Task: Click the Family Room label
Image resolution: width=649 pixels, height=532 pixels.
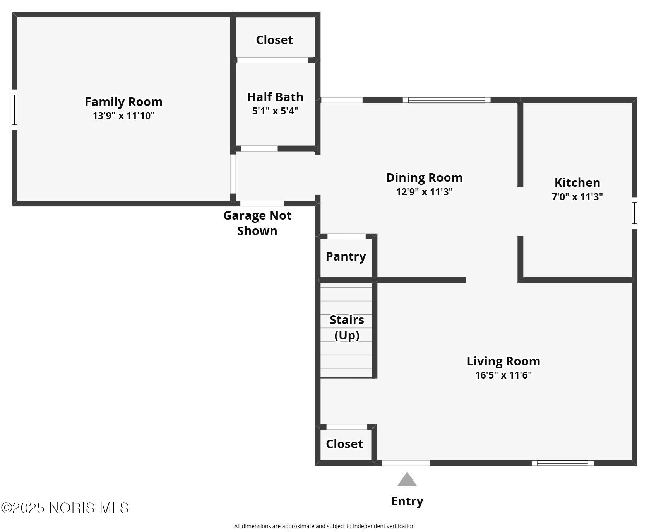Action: click(x=123, y=102)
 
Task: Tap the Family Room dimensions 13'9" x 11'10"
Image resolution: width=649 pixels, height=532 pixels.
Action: click(x=123, y=116)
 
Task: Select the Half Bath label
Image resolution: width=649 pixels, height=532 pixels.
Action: click(x=275, y=97)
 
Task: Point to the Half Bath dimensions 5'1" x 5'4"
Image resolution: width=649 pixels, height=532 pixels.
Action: click(x=275, y=111)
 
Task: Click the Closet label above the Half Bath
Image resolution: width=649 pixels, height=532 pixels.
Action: click(x=274, y=40)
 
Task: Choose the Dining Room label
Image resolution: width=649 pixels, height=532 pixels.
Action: click(x=424, y=177)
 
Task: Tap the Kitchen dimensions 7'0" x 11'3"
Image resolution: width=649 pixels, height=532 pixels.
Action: click(x=577, y=197)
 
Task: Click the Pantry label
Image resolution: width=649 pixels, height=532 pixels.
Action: click(x=346, y=256)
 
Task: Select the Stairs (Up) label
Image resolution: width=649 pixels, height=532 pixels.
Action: click(x=347, y=327)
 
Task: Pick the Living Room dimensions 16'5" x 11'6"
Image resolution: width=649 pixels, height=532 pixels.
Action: click(x=503, y=375)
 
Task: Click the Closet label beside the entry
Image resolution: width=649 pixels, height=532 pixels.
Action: click(x=344, y=444)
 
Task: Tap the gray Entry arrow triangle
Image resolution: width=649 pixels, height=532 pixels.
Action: click(x=407, y=481)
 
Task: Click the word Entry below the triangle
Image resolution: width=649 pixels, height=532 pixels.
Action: click(x=407, y=501)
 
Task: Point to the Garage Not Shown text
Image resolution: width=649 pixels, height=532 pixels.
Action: click(x=257, y=223)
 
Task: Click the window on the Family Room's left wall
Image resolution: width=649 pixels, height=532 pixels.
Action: click(x=14, y=110)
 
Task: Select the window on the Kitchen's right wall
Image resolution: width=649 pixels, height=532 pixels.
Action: click(x=634, y=213)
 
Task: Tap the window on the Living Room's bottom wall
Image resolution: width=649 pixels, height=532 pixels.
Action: click(x=563, y=463)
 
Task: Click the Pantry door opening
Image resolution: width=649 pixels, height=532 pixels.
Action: click(x=346, y=236)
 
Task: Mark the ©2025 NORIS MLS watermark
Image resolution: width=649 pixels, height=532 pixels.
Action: click(x=65, y=508)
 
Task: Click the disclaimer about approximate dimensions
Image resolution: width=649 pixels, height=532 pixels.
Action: click(x=324, y=526)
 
